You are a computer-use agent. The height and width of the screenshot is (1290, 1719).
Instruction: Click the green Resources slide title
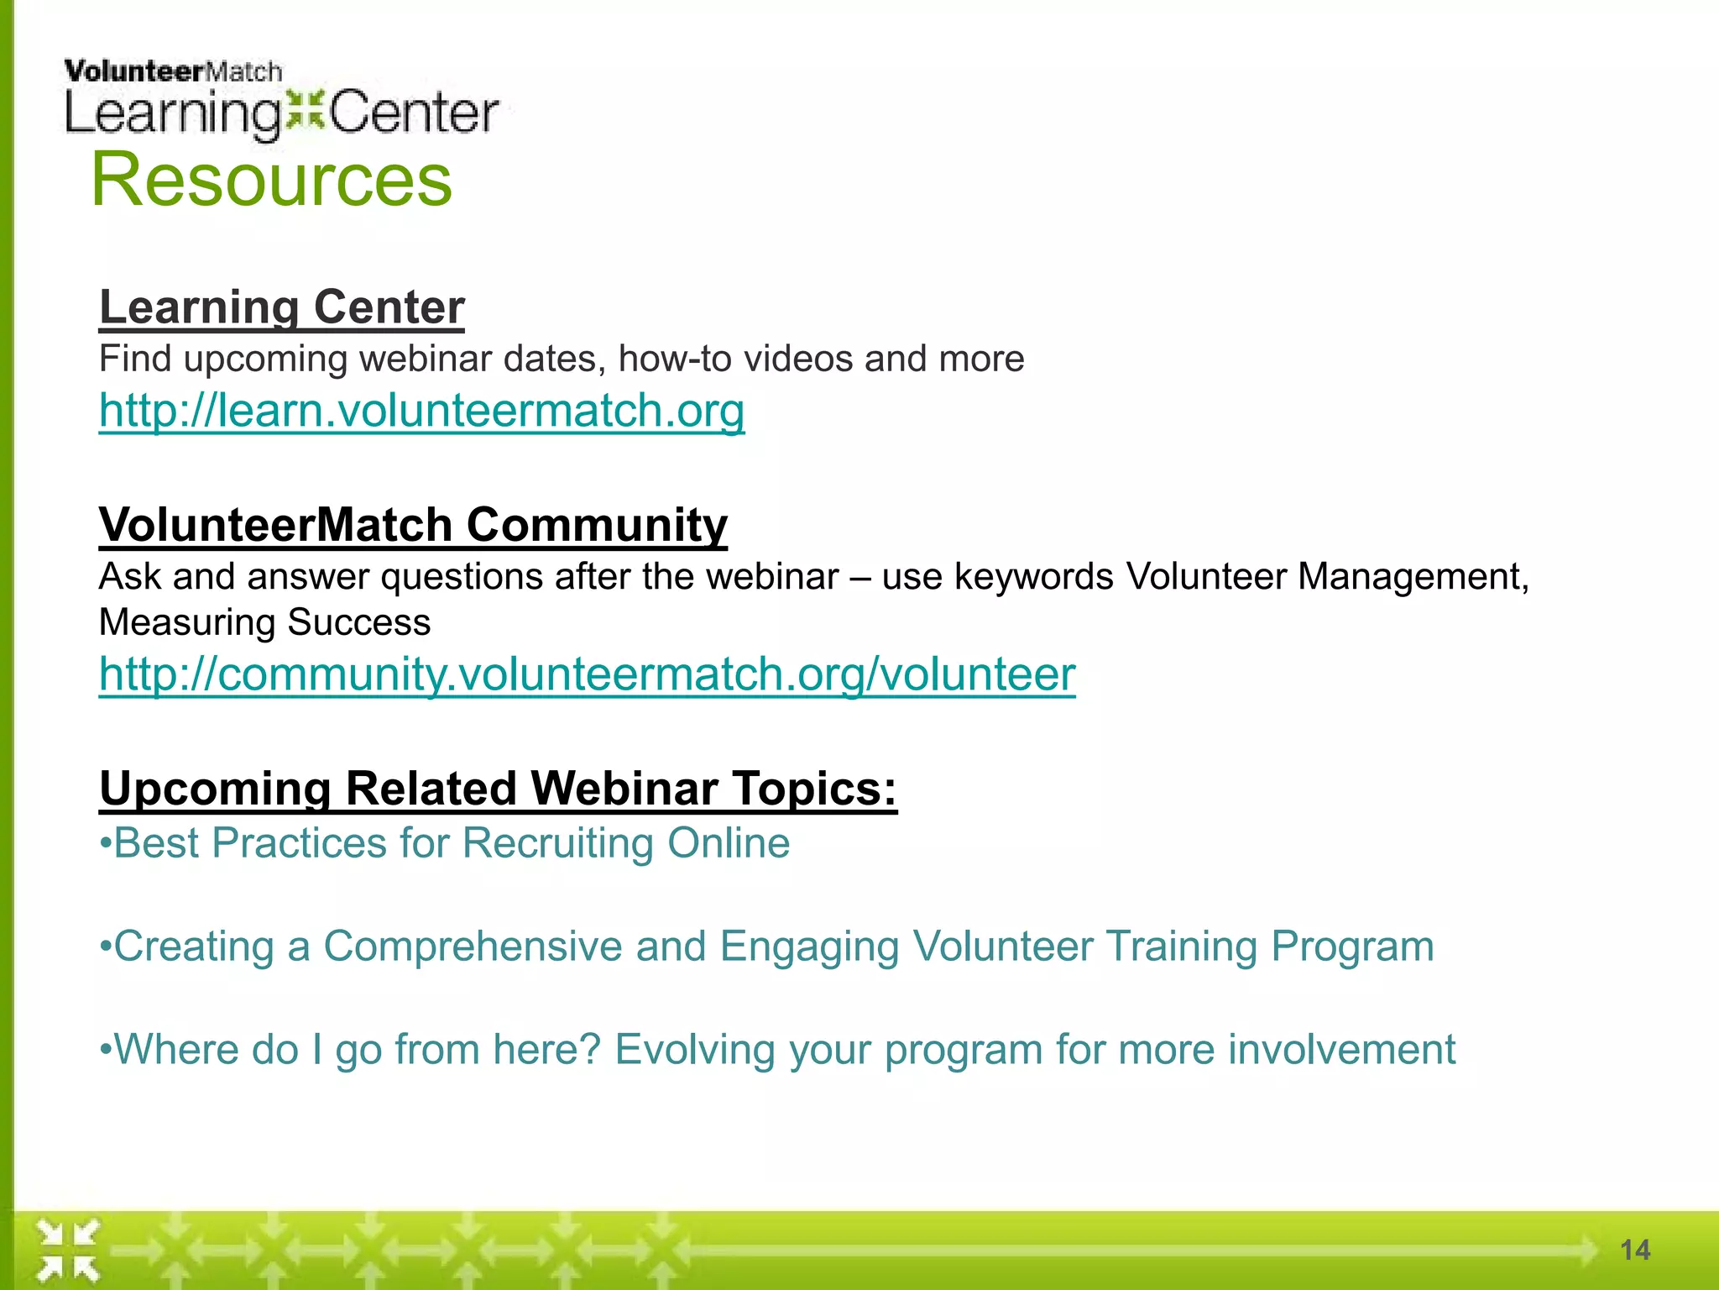pyautogui.click(x=271, y=179)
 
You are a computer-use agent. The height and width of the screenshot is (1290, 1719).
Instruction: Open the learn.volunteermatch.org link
pyautogui.click(x=421, y=411)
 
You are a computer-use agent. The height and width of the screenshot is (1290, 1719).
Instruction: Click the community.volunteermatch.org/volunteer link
pyautogui.click(x=587, y=674)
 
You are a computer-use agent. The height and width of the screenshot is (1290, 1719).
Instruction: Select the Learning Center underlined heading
pyautogui.click(x=281, y=307)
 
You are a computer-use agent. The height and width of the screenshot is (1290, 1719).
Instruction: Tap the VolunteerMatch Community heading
pyautogui.click(x=413, y=525)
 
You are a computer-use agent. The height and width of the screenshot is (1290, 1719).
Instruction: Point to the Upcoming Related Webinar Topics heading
pyautogui.click(x=498, y=789)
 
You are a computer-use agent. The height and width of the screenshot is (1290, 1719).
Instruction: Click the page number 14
pyautogui.click(x=1634, y=1250)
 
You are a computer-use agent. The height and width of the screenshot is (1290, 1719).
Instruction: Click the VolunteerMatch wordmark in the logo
pyautogui.click(x=173, y=71)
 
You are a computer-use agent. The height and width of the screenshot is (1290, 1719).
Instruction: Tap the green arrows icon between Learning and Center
pyautogui.click(x=304, y=112)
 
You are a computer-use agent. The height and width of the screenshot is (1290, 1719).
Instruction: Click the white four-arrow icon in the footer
pyautogui.click(x=68, y=1251)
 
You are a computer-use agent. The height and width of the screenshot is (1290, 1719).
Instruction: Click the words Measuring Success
pyautogui.click(x=264, y=622)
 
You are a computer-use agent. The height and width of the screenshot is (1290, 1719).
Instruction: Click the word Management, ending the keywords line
pyautogui.click(x=1413, y=577)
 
